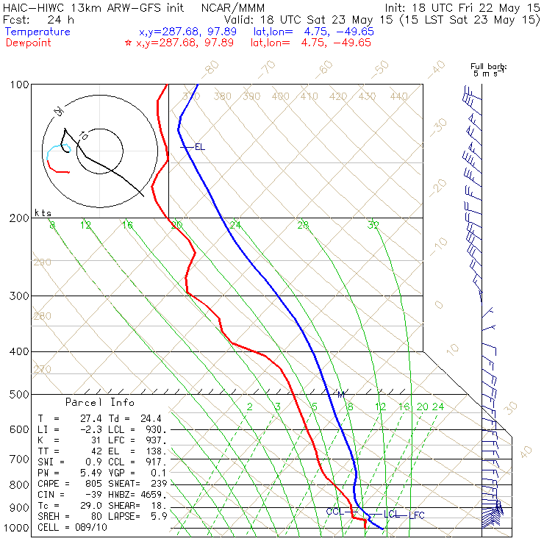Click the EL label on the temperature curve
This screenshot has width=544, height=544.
coord(199,147)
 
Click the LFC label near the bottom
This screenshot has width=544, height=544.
coord(417,515)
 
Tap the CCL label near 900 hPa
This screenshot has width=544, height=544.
coord(334,512)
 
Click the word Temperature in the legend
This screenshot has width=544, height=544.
coord(37,32)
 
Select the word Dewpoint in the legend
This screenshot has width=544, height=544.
coord(32,43)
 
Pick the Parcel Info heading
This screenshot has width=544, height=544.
coord(100,403)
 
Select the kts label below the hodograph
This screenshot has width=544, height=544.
coord(43,212)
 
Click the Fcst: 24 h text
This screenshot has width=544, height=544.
coord(35,19)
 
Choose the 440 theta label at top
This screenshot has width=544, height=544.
coord(398,96)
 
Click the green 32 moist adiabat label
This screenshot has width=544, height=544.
coord(373,225)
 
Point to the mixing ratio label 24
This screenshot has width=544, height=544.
coord(437,407)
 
